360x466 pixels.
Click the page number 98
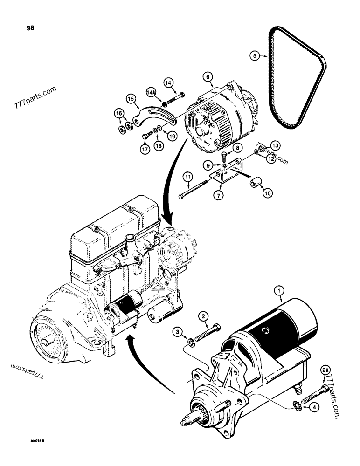point(31,28)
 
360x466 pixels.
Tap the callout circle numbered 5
point(254,56)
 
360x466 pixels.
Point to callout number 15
point(131,98)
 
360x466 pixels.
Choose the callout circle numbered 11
point(187,177)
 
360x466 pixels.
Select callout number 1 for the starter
point(280,292)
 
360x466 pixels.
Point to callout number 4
point(316,407)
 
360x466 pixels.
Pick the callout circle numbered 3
point(177,331)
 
